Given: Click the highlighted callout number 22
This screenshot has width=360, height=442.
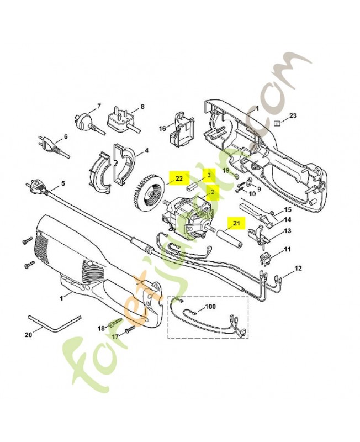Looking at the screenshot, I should pos(179,178).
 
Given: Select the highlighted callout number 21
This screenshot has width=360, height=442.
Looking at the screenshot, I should pos(236,223).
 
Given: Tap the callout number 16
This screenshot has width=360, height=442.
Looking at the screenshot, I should pos(162,128).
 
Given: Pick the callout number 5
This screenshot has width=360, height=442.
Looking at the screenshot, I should pos(62,183).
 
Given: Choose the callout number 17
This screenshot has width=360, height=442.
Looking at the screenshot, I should pos(115,336).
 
